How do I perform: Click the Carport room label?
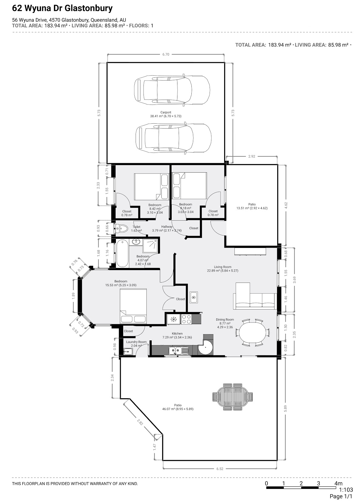coord(166,112)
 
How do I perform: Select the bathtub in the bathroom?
coord(122,253)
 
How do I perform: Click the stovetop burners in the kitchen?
coord(186,319)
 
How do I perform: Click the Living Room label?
coord(223,267)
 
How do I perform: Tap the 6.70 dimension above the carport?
coord(166,54)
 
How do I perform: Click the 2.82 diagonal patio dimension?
coord(140,422)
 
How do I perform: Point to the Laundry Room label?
coord(136,342)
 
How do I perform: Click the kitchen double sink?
coord(179,351)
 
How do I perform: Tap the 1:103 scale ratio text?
coord(346,490)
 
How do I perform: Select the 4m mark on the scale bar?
coord(339,483)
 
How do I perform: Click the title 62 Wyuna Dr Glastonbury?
coord(62,8)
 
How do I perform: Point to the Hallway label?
coord(167,227)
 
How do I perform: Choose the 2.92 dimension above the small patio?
coord(252,156)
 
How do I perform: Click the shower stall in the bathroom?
coord(150,246)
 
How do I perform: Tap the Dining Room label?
coord(225,320)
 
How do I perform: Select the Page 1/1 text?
coord(341,496)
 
